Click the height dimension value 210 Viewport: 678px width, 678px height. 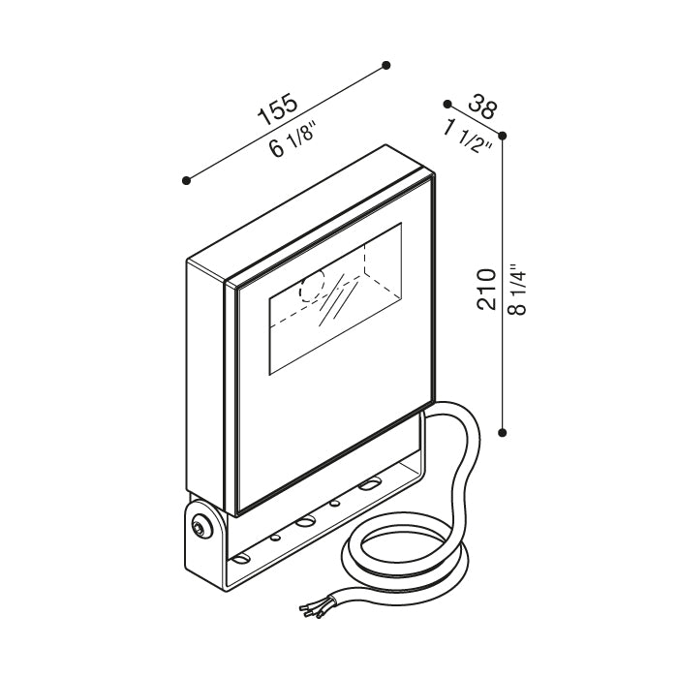(487, 289)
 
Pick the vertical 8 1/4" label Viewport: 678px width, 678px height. (517, 287)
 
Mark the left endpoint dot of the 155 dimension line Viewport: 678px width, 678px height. (186, 180)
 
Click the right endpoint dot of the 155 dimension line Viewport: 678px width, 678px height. (386, 65)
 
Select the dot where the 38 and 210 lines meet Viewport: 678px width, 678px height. (503, 136)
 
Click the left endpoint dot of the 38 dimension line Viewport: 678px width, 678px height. (447, 104)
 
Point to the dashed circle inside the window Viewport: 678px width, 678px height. (312, 287)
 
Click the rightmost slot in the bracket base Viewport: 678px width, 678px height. (369, 484)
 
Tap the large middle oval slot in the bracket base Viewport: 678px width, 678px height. (307, 520)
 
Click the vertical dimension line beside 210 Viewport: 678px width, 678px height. (503, 291)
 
